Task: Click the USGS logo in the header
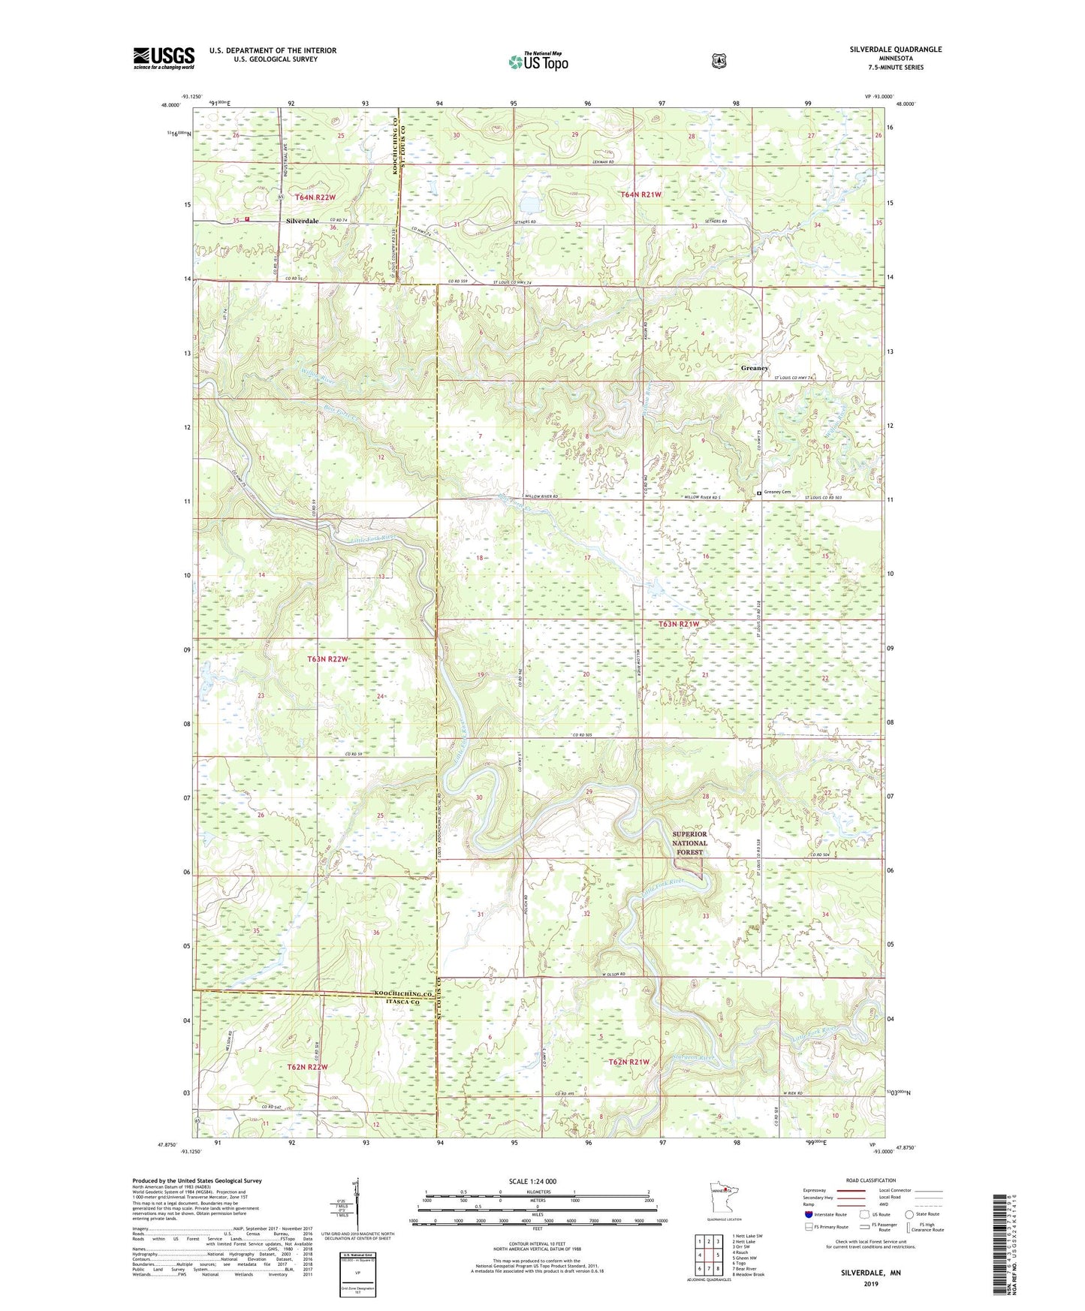tap(164, 58)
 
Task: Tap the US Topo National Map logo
tap(538, 61)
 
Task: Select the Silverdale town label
tap(302, 222)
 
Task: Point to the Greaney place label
tap(755, 368)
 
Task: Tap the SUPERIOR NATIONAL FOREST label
tap(689, 842)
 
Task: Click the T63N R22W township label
tap(328, 659)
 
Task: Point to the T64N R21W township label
tap(640, 194)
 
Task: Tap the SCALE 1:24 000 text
tap(532, 1181)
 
